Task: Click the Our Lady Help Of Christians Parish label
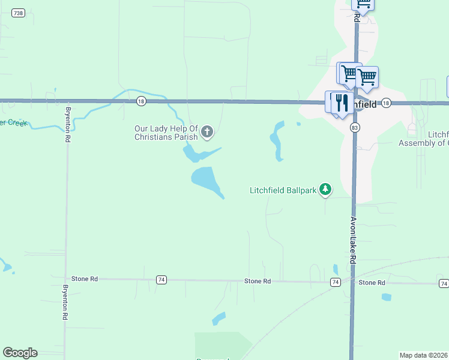pyautogui.click(x=166, y=133)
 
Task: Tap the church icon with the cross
pyautogui.click(x=207, y=132)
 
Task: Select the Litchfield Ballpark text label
pyautogui.click(x=283, y=191)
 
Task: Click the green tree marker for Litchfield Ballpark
pyautogui.click(x=325, y=190)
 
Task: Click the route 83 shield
pyautogui.click(x=355, y=128)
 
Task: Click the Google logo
pyautogui.click(x=20, y=353)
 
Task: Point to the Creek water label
pyautogui.click(x=13, y=123)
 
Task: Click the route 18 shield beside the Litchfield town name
pyautogui.click(x=385, y=103)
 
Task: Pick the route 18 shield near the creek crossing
pyautogui.click(x=140, y=101)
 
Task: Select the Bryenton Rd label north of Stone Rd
pyautogui.click(x=68, y=125)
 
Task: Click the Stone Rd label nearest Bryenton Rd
pyautogui.click(x=85, y=279)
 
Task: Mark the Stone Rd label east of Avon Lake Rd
pyautogui.click(x=372, y=282)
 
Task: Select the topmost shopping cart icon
pyautogui.click(x=363, y=3)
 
